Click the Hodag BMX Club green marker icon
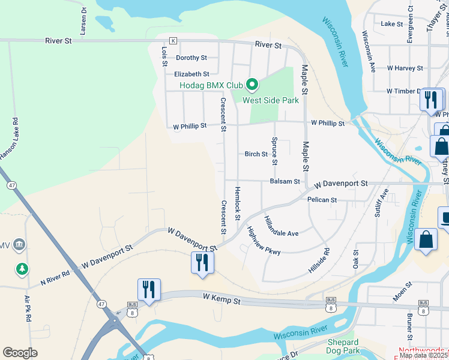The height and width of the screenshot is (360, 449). [253, 85]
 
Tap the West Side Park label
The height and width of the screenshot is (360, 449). [270, 100]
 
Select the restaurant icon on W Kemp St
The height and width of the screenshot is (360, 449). [148, 290]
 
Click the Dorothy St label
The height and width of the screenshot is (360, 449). [191, 58]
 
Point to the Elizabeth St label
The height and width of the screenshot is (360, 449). [191, 74]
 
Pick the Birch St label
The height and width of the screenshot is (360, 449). [256, 154]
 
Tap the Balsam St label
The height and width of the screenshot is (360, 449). [285, 181]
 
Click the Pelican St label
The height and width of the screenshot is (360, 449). [322, 199]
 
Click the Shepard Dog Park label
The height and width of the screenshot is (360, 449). [343, 346]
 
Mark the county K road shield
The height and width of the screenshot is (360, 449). [173, 41]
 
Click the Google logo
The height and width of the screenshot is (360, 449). [20, 353]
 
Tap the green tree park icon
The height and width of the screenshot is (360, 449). [22, 268]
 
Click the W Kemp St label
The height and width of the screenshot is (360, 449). [221, 297]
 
